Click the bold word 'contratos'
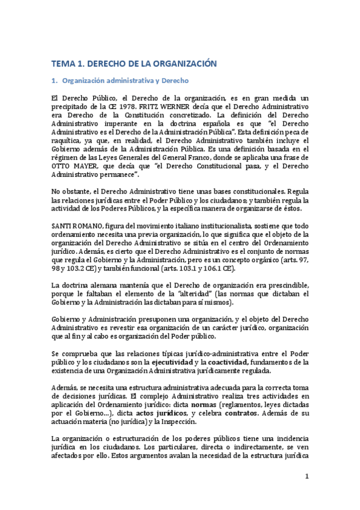pyautogui.click(x=241, y=414)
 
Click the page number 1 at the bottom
pyautogui.click(x=307, y=477)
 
